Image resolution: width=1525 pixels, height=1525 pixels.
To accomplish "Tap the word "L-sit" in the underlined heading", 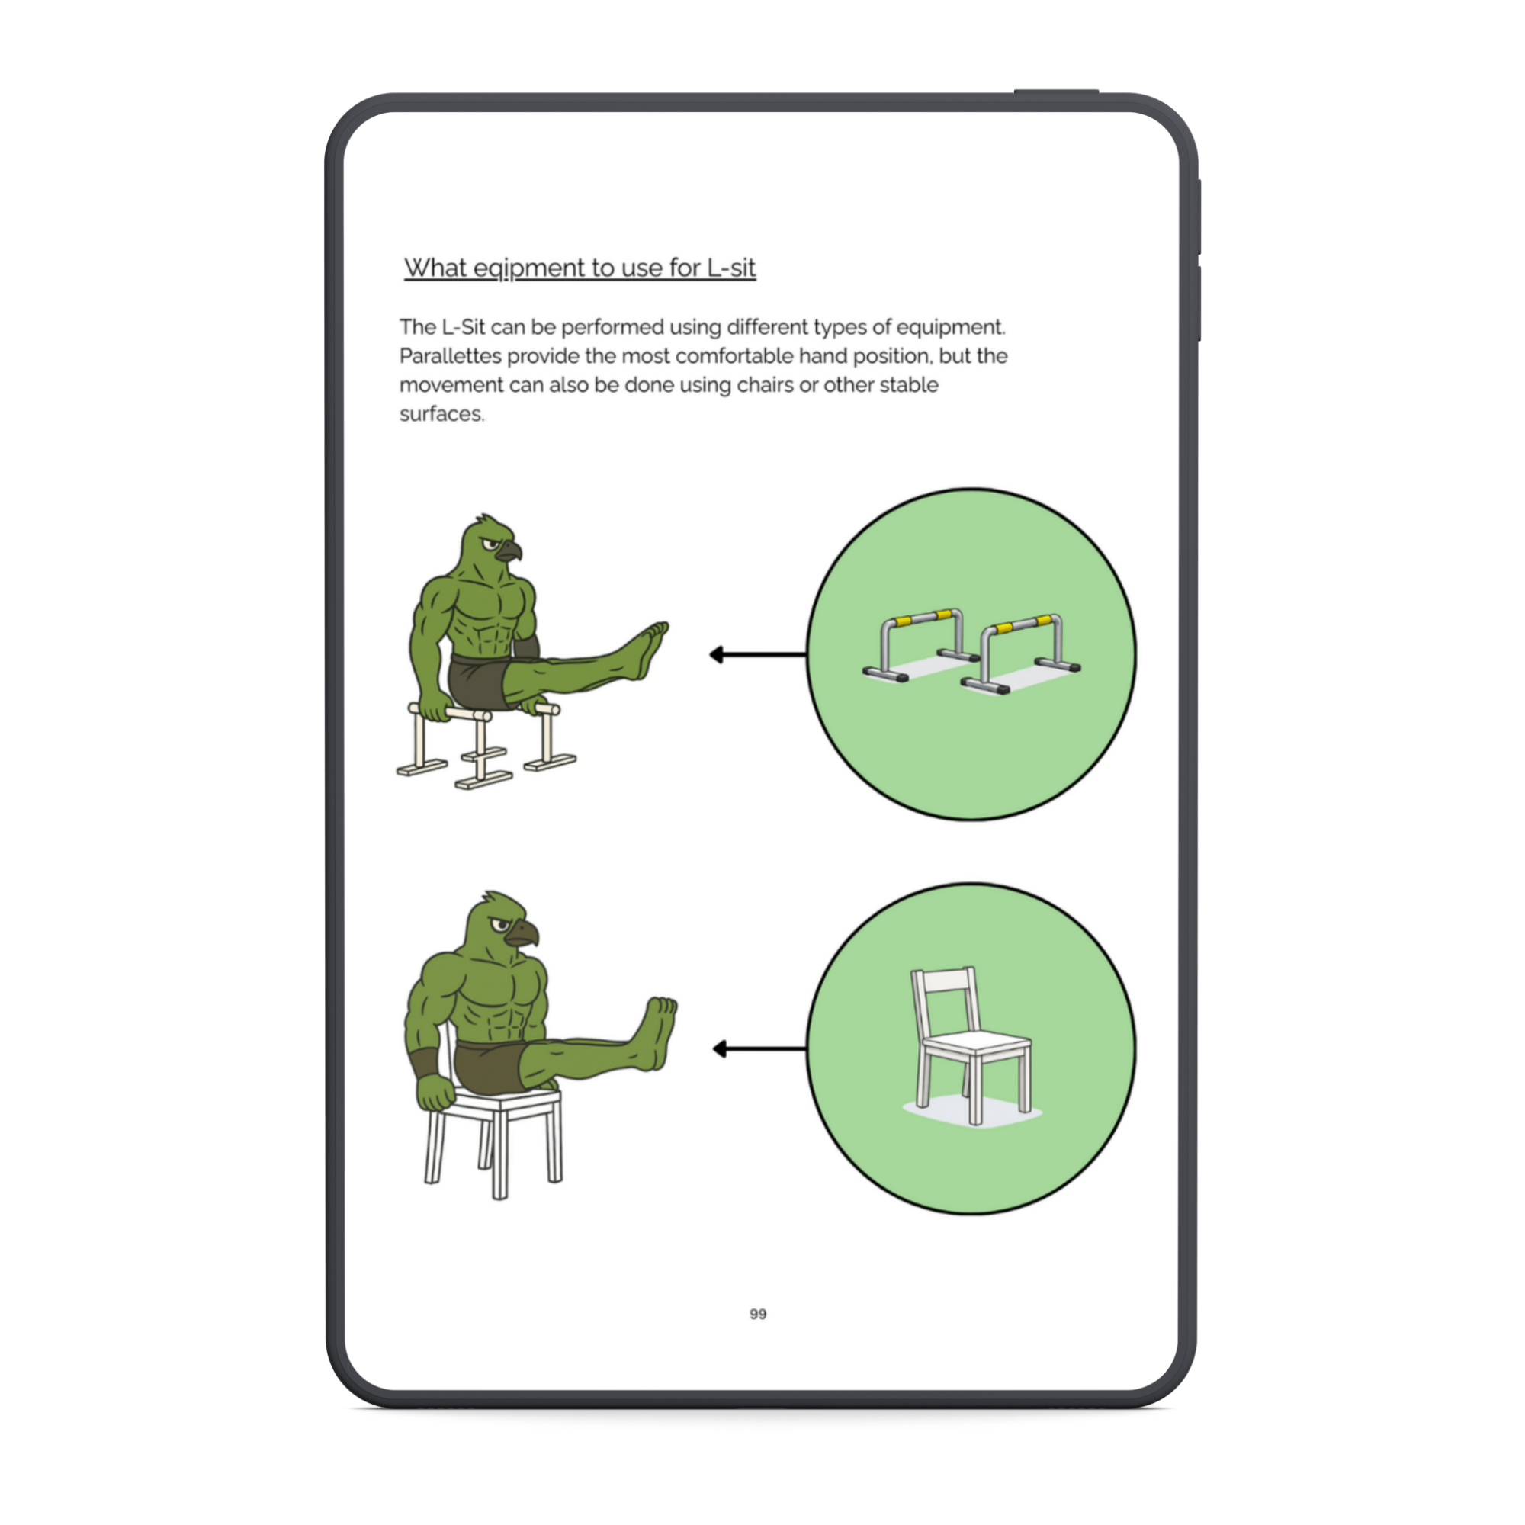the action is [x=732, y=268].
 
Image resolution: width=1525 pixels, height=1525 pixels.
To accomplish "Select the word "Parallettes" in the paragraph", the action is [x=450, y=356].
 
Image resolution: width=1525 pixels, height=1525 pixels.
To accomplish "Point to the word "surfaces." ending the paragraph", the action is [x=441, y=413].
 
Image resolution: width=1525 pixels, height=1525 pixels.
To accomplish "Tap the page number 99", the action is [x=758, y=1314].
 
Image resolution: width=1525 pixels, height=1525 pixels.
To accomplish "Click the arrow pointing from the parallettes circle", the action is [x=758, y=654].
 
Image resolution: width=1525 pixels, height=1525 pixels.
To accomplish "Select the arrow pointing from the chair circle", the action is [x=759, y=1049].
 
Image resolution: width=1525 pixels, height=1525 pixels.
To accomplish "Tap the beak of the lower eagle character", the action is [x=522, y=933].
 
